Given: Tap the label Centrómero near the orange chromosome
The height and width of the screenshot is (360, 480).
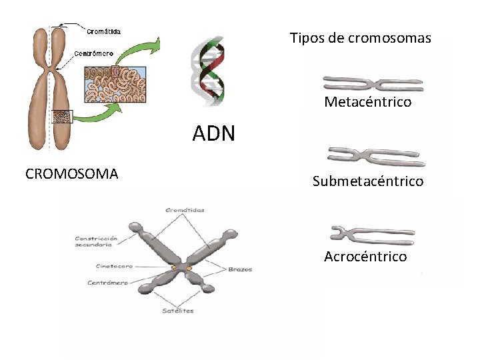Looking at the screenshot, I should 93,53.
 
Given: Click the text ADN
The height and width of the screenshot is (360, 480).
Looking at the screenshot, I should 213,134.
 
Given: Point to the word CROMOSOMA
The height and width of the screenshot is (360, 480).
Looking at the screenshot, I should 71,174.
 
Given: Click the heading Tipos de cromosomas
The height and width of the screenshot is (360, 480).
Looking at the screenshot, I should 360,38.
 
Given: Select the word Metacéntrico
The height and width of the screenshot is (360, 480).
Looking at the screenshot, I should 367,102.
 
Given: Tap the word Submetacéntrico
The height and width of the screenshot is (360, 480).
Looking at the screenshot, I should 367,181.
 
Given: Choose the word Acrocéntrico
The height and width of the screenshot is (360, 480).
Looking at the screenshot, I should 365,257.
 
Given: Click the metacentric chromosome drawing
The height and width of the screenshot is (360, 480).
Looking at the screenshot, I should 373,83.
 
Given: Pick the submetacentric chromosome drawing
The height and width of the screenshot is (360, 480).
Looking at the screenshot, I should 376,157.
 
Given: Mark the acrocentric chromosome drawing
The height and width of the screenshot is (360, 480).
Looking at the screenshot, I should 373,234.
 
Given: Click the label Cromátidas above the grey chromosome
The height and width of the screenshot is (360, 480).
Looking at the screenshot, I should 185,210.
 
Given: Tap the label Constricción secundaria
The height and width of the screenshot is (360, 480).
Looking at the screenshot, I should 97,241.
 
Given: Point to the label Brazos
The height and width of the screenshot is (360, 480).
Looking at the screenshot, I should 239,270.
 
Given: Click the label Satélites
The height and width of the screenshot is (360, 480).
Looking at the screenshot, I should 178,311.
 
